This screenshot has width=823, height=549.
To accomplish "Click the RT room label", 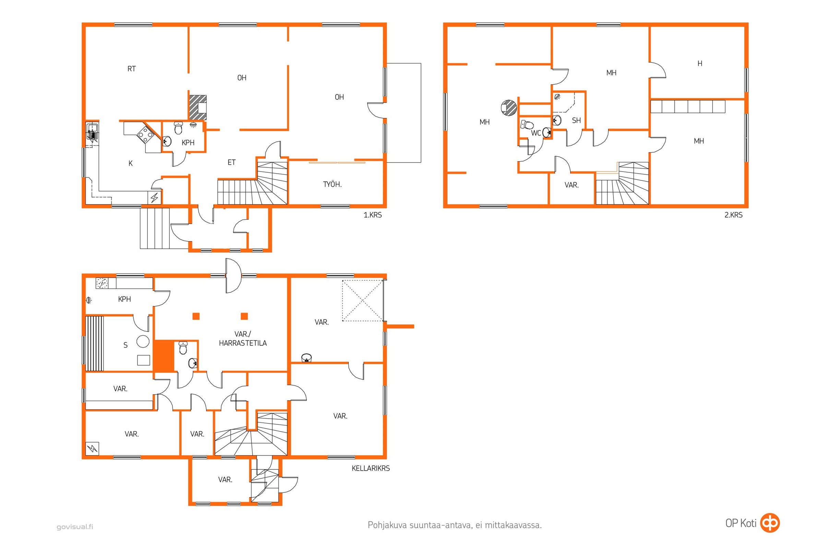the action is (132, 69).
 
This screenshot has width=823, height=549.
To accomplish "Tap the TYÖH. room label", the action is (332, 185).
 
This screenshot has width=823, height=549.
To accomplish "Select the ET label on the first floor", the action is (232, 162).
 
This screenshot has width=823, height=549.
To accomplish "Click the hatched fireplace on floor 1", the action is (198, 107).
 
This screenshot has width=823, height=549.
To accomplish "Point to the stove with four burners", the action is (144, 134).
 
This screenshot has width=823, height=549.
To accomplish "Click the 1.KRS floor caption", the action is (373, 215).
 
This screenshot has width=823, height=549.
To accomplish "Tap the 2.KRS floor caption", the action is (733, 215).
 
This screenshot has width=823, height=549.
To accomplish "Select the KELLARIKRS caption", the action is (371, 468).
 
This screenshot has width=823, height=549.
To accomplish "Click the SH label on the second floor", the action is (576, 121).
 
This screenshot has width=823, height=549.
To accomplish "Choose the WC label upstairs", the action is (536, 133).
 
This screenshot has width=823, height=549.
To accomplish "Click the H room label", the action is (700, 63).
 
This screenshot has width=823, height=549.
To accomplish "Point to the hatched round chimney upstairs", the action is (509, 107).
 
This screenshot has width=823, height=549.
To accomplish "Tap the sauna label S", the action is (126, 345).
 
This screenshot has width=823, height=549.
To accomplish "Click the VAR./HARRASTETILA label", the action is (243, 339).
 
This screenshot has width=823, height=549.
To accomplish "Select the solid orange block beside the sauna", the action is (164, 355).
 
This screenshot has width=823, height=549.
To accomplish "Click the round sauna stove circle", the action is (143, 341).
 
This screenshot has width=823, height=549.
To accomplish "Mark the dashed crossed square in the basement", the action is (362, 301).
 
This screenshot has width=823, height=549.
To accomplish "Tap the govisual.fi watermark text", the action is (75, 527).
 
